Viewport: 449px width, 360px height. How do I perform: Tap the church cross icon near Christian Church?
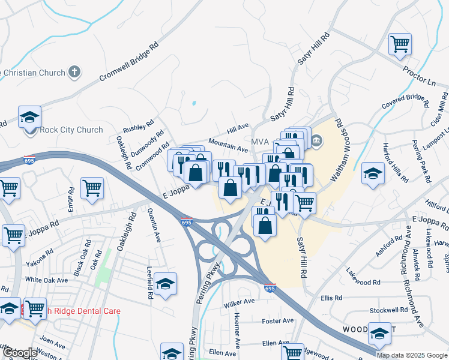[74, 73]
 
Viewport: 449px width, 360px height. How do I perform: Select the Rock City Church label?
[71, 130]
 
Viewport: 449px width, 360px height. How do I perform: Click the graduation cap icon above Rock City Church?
[29, 117]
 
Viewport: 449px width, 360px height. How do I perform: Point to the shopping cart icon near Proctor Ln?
[399, 44]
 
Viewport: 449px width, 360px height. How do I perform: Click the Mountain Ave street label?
[228, 145]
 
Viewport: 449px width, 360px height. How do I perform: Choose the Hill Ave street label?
[238, 128]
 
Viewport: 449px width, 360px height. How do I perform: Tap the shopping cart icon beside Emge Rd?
[92, 187]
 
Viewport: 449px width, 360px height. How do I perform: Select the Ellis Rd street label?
[331, 298]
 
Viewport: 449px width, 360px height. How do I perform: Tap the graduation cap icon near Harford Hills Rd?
[373, 173]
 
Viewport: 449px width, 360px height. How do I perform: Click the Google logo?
[20, 353]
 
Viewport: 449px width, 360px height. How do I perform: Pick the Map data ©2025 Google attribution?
[411, 355]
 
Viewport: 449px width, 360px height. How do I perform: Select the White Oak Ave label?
[46, 280]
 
